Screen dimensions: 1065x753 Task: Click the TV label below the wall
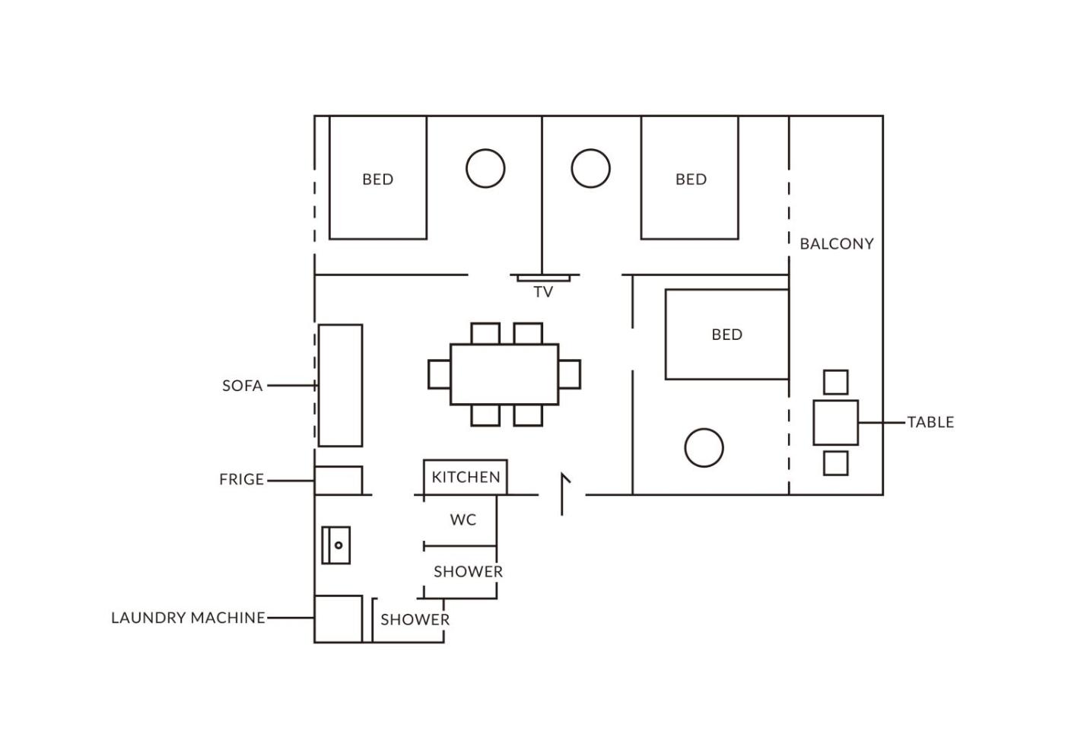click(543, 292)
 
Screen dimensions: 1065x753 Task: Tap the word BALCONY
click(837, 244)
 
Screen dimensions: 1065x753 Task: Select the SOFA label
click(243, 386)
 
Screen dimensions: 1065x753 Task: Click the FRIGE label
click(242, 479)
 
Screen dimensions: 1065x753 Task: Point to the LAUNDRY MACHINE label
click(189, 618)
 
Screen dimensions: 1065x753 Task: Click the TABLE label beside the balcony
click(930, 422)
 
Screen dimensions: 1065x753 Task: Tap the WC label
click(463, 519)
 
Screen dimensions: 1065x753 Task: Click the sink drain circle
click(339, 545)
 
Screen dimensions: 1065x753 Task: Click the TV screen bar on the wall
click(543, 278)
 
